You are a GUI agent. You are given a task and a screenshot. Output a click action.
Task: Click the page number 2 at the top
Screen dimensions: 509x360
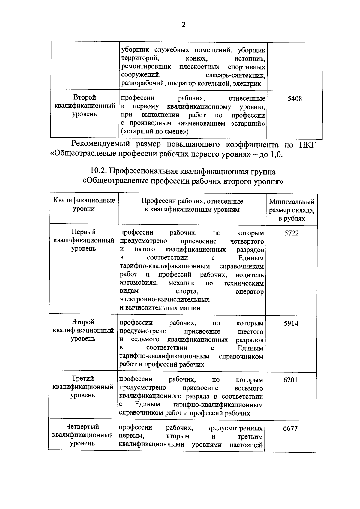[x=184, y=25]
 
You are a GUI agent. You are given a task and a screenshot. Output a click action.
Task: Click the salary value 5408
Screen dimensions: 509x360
[x=295, y=99]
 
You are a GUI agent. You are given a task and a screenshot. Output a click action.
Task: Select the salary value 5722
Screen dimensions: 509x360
[x=292, y=233]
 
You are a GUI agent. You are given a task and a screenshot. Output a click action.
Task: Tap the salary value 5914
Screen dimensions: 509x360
[x=291, y=323]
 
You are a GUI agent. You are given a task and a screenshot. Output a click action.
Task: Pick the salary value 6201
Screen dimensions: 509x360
[x=290, y=380]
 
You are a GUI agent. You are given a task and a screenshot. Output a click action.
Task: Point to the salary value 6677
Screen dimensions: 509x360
[x=290, y=428]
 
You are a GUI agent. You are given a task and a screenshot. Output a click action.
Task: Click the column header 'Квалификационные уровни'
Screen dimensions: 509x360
[x=84, y=205]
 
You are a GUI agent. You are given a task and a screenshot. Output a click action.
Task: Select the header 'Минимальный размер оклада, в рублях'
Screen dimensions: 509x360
[x=292, y=210]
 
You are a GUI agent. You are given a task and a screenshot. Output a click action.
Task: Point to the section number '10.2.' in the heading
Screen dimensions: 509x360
[x=99, y=171]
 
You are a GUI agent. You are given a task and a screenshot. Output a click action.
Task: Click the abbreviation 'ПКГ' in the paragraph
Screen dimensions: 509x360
[x=307, y=145]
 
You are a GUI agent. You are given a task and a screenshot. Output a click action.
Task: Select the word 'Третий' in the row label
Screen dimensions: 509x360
[x=83, y=379]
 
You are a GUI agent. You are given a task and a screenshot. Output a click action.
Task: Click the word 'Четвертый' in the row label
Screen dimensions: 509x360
[x=83, y=427]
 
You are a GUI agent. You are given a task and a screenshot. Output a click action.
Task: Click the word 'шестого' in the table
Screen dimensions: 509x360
[x=250, y=331]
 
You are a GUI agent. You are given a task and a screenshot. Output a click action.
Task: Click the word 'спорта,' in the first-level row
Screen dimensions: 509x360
[x=187, y=292]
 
